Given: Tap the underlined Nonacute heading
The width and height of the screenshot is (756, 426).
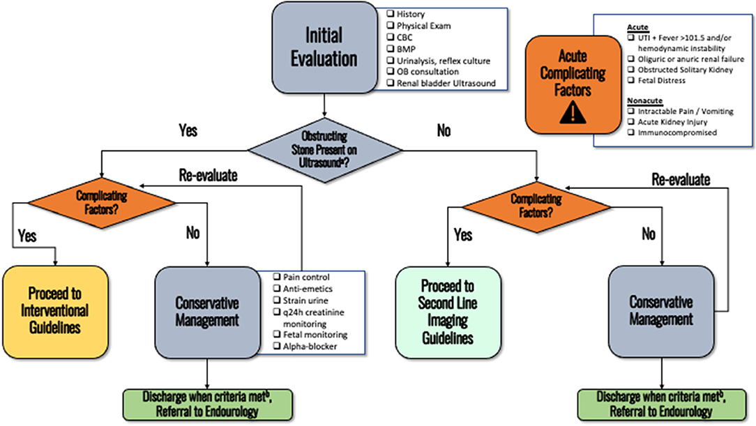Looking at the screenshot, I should point(644,100).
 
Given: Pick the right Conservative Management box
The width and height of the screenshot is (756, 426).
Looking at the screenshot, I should point(660,312).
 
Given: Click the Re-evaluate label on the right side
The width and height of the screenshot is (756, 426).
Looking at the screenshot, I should point(680,179).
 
